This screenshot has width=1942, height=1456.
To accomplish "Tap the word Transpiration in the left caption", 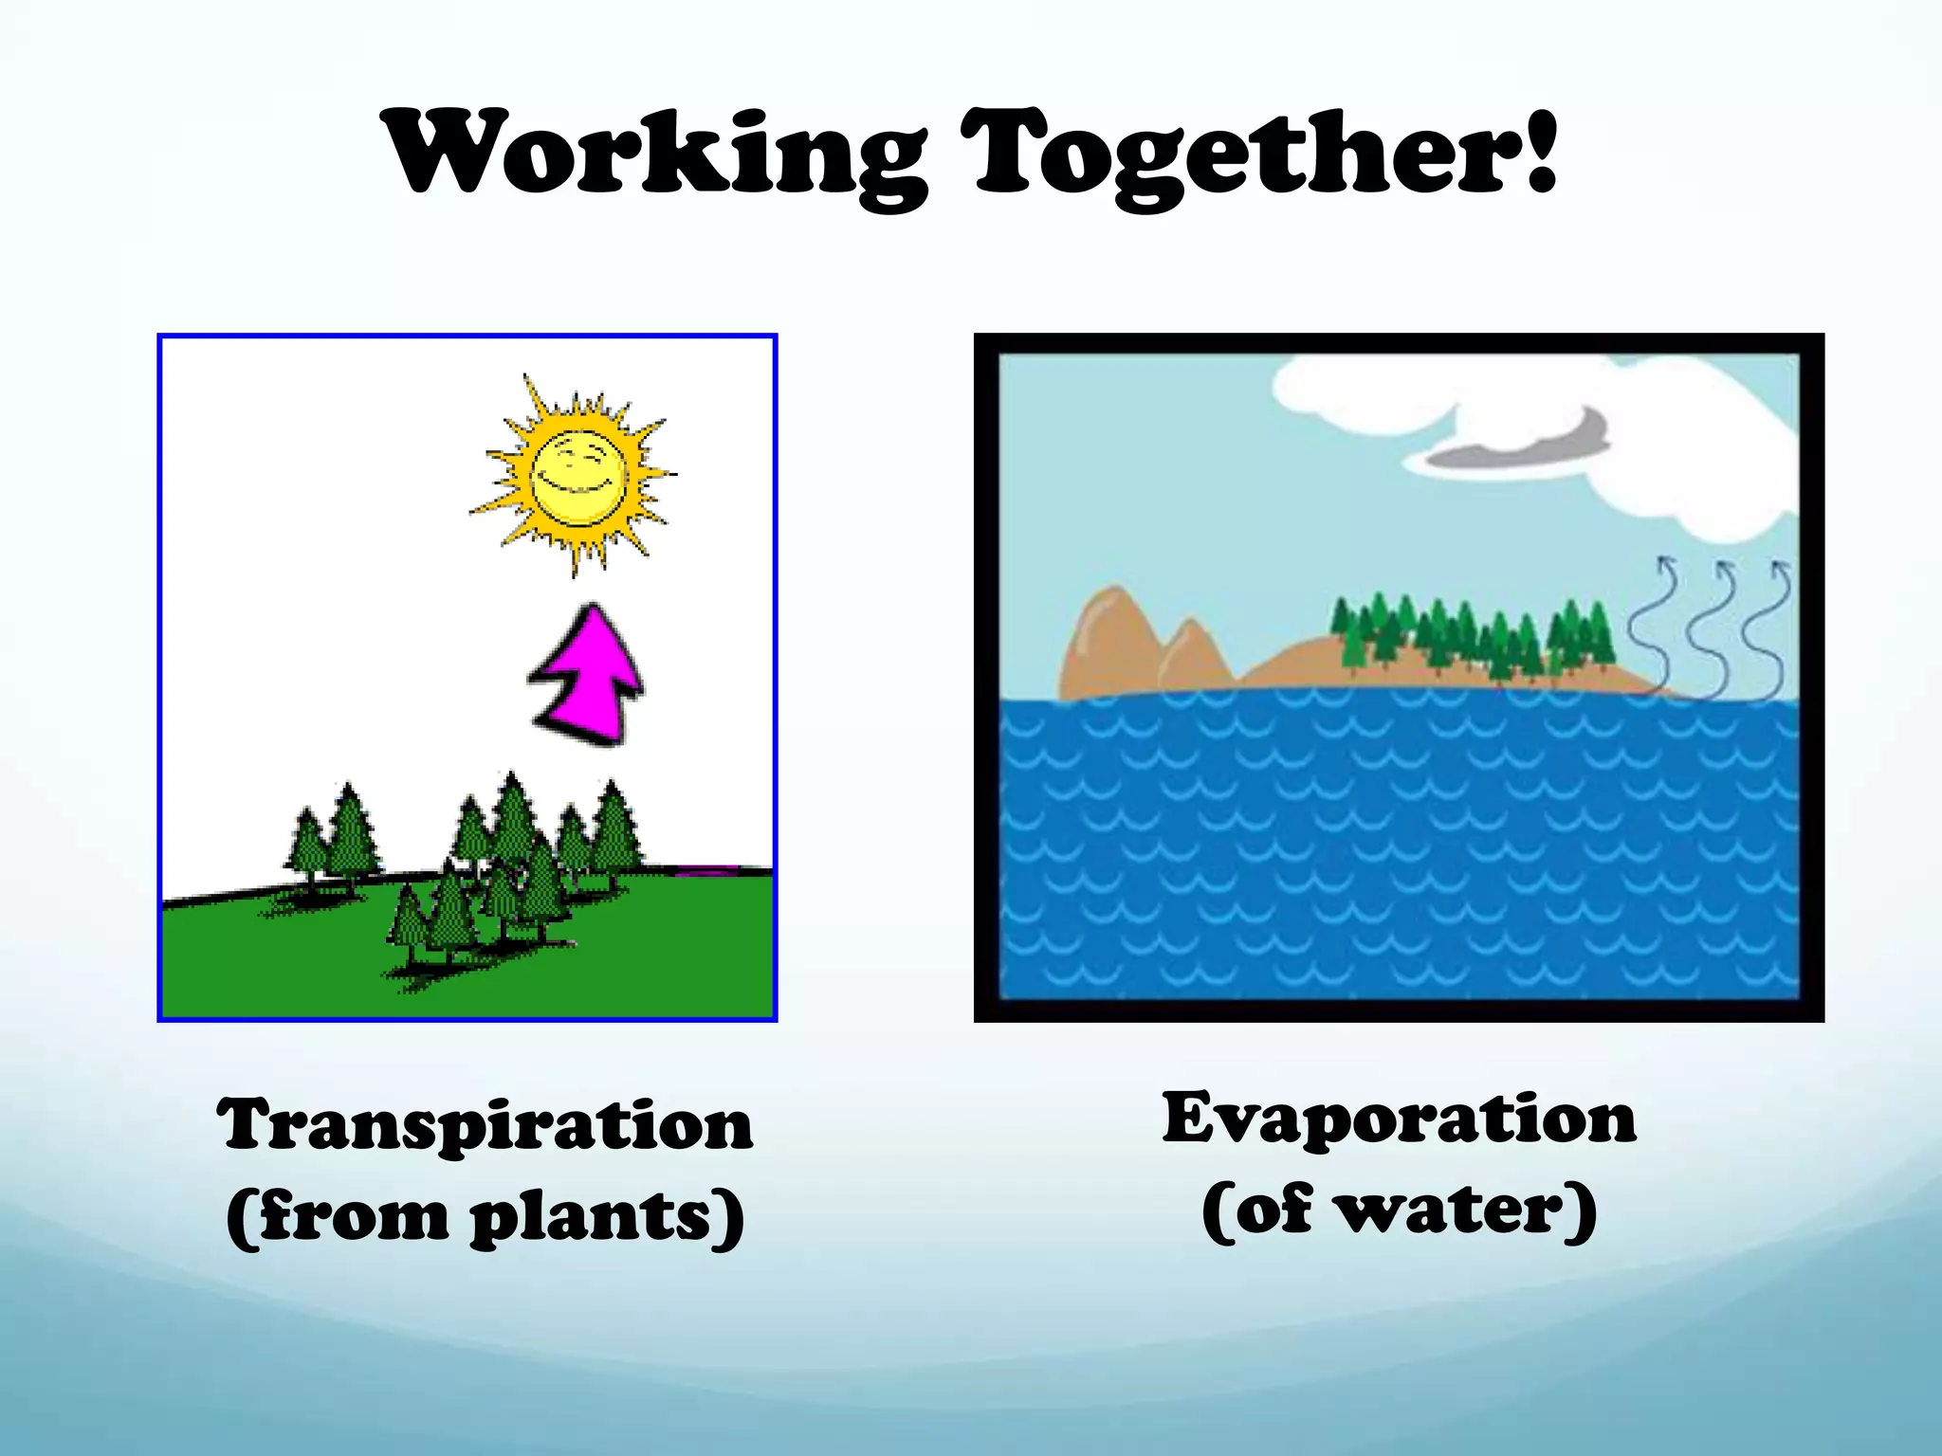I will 485,1125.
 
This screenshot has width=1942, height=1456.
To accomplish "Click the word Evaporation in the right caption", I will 1399,1119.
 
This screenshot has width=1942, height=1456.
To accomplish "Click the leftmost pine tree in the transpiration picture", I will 306,844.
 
